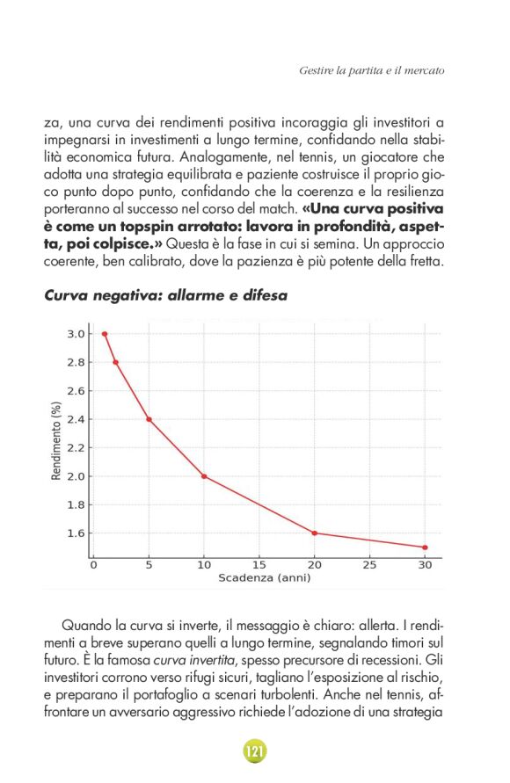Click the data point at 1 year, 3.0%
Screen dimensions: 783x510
coord(105,334)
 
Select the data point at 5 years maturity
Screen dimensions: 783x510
coord(149,419)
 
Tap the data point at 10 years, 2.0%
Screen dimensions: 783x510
coord(204,476)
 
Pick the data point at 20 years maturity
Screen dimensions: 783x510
coord(315,533)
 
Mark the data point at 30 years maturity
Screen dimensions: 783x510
coord(425,547)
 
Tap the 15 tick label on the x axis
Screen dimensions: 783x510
coord(259,566)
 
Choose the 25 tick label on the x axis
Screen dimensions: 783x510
coord(370,566)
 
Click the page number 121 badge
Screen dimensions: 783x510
coord(254,751)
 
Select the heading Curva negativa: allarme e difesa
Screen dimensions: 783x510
coord(165,296)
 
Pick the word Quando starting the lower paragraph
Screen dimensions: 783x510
coord(87,625)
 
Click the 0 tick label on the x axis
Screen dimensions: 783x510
coord(94,566)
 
